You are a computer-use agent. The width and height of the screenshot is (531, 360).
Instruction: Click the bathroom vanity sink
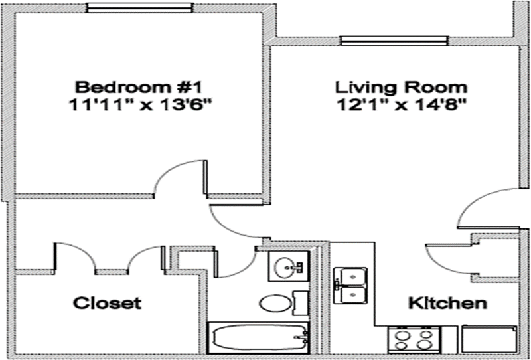pos(289,268)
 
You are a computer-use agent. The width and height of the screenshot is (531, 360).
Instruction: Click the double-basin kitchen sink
pos(350,284)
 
